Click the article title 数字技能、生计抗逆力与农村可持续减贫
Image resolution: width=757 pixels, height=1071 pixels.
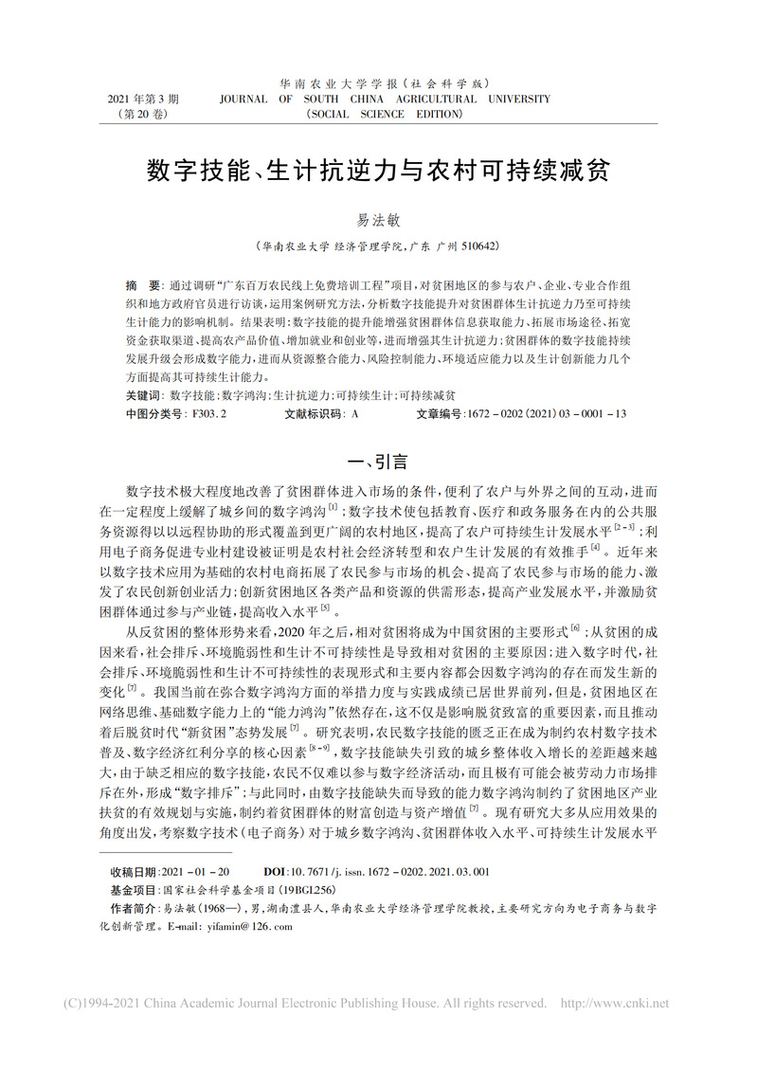378,171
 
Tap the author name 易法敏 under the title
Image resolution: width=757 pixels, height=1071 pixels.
378,219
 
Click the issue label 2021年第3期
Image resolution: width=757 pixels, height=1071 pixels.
144,99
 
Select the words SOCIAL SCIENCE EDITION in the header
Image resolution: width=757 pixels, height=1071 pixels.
385,114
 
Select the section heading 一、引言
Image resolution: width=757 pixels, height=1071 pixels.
378,463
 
